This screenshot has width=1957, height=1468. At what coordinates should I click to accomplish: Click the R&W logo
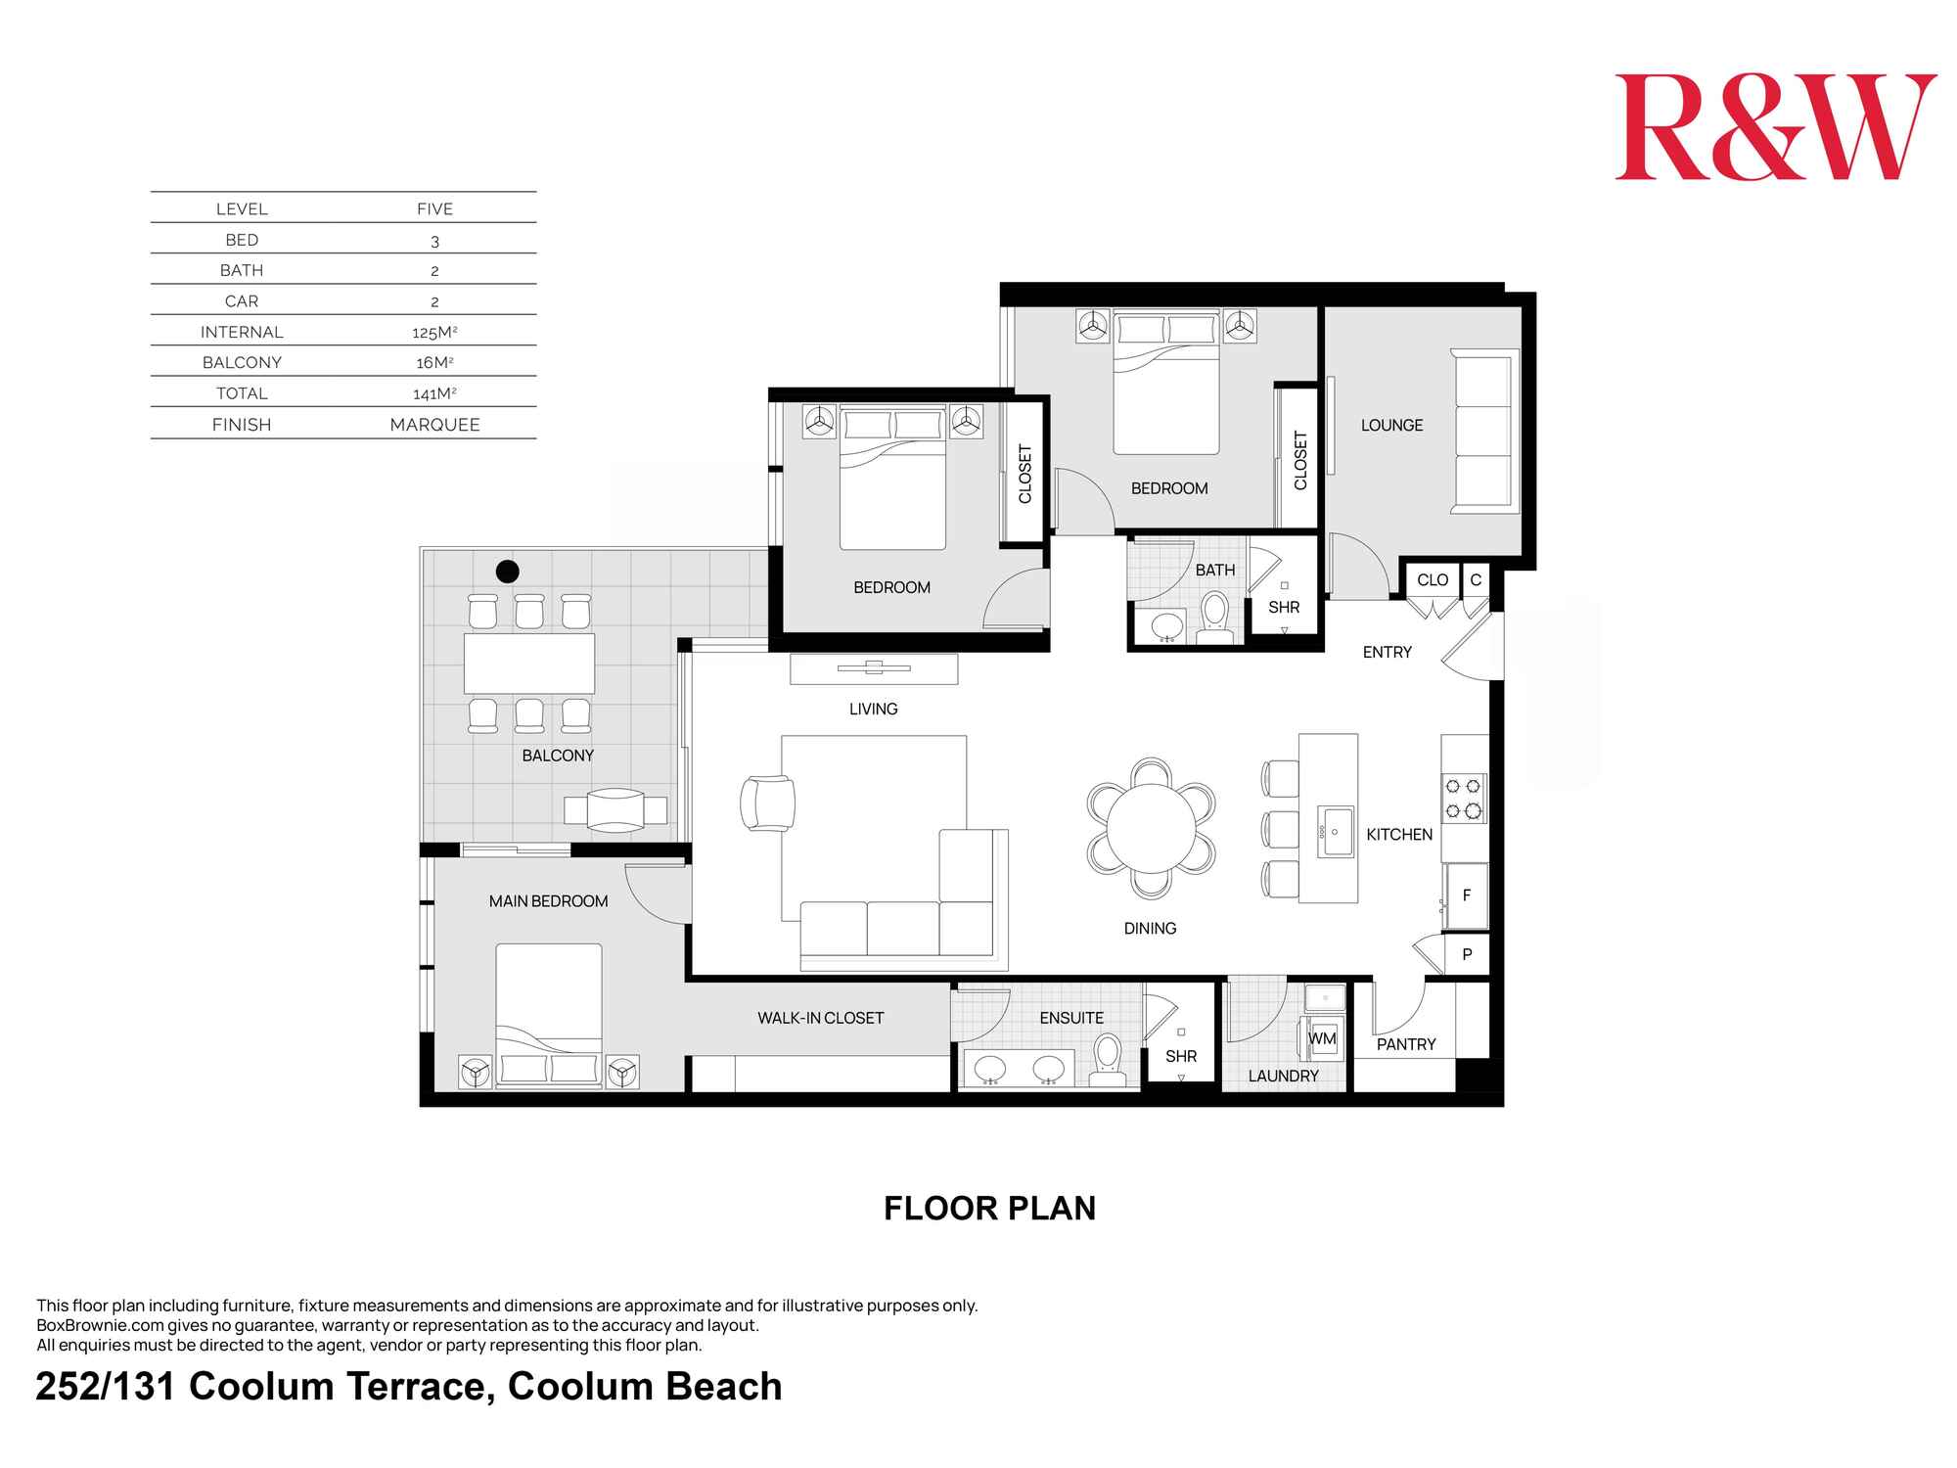click(1774, 127)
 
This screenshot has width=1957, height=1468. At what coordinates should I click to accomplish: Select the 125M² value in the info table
click(434, 332)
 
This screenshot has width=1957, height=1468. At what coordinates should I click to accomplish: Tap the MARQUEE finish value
click(434, 425)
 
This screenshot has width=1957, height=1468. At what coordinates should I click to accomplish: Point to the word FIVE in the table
click(434, 208)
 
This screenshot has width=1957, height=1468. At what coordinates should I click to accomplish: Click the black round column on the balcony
click(507, 571)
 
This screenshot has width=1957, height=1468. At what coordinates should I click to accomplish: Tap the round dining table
click(1151, 828)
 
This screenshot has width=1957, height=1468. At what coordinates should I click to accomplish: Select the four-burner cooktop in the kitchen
click(1464, 798)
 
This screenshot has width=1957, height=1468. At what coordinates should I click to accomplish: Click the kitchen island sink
click(1335, 832)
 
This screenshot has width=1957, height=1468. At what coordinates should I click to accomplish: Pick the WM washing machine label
click(1322, 1039)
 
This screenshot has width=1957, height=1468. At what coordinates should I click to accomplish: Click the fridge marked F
click(1466, 895)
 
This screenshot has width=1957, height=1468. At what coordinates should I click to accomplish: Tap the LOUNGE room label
click(1391, 425)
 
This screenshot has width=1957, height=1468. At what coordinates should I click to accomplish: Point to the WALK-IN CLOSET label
click(820, 1018)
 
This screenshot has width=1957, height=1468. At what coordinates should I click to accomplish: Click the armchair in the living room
click(767, 803)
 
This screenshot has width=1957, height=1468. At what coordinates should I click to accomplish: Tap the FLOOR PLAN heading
click(989, 1209)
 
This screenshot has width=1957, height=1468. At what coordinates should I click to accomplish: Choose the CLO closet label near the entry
click(1432, 580)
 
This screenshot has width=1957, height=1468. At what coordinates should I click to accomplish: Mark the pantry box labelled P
click(1466, 954)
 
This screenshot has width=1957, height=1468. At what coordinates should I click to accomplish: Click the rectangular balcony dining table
click(529, 664)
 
